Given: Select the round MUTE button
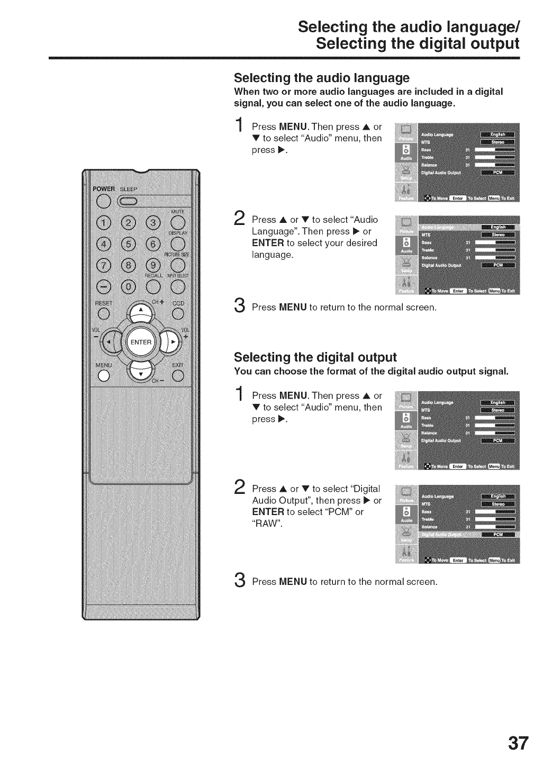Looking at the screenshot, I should click(x=177, y=222).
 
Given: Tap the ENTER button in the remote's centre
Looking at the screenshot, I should click(x=141, y=342).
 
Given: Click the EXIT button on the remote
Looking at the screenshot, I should click(x=177, y=376).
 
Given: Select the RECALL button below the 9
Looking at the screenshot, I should click(x=153, y=286).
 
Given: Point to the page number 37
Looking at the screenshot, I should click(x=518, y=743).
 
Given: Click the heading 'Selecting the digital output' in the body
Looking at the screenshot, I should click(x=315, y=356).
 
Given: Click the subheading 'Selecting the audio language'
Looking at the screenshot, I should click(x=322, y=78).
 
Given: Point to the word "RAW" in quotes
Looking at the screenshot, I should click(x=267, y=524).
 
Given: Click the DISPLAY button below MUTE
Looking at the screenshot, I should click(x=177, y=244).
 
